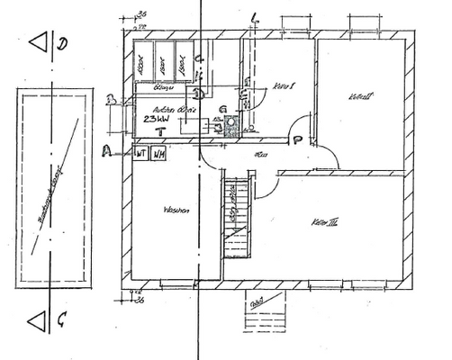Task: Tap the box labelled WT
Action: pos(140,153)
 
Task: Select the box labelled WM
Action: pos(158,153)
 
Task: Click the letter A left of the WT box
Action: pos(106,151)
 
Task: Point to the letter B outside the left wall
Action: pos(108,101)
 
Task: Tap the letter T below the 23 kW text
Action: pos(159,132)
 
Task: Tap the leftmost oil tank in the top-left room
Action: pos(142,61)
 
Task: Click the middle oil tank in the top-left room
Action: pos(163,61)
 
